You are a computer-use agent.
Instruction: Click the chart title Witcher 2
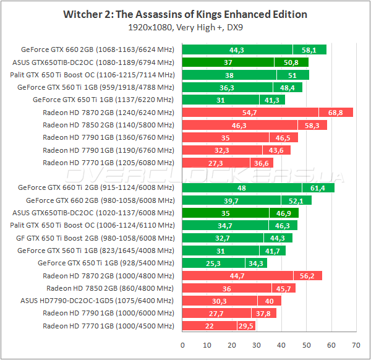185,14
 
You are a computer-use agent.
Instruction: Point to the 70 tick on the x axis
356,345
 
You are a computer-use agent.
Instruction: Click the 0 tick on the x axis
183,345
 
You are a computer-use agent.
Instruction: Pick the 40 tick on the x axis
282,345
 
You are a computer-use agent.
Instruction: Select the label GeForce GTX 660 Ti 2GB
96,188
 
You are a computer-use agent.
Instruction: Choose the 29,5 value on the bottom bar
246,326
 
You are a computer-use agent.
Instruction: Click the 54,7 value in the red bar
250,112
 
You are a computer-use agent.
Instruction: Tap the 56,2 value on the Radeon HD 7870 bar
307,276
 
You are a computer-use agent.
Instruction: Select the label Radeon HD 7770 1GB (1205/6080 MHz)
109,163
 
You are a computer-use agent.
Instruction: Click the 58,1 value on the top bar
310,49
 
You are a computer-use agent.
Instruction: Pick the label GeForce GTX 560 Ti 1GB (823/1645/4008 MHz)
96,251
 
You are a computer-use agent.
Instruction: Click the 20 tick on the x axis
232,345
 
